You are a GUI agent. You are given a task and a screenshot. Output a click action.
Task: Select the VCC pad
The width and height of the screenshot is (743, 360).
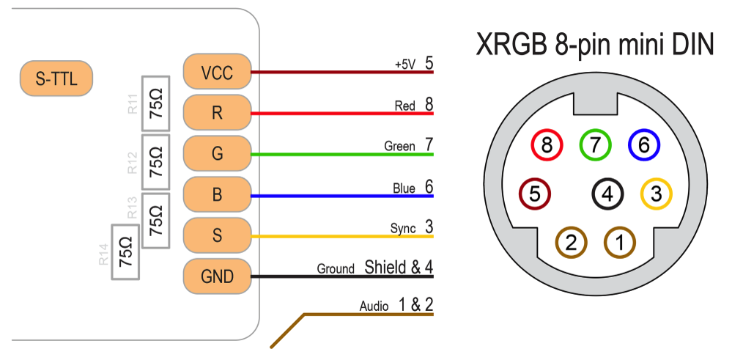(217, 73)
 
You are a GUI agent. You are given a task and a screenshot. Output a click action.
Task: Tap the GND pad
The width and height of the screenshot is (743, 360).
(217, 276)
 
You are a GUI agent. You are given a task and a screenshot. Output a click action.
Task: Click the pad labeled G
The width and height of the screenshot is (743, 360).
(217, 154)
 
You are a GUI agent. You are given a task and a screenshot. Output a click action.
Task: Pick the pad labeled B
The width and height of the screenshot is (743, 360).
(217, 195)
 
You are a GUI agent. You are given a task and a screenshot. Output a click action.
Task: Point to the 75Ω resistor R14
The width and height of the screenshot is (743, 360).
(126, 252)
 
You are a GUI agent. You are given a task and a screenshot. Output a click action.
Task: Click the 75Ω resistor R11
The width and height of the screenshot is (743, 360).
(155, 104)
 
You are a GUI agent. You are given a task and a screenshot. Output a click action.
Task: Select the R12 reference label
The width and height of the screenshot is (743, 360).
(133, 162)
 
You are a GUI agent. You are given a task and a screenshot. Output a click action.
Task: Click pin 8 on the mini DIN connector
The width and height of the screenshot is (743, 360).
(547, 145)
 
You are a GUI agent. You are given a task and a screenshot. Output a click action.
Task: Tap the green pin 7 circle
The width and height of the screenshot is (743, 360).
(595, 145)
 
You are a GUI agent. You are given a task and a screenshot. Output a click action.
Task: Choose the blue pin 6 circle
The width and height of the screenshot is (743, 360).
(644, 145)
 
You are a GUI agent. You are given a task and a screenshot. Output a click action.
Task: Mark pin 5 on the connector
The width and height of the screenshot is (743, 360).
(534, 194)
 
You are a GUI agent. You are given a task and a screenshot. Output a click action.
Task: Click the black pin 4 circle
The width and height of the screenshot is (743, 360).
(607, 194)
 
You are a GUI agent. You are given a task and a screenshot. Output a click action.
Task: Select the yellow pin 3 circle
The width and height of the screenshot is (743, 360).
(656, 194)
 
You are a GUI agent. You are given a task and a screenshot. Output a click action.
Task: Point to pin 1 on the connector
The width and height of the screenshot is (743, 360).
(620, 242)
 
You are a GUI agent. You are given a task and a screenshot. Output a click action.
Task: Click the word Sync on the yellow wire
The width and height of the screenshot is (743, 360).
(403, 229)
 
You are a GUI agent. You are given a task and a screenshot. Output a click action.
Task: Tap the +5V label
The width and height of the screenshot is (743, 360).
(405, 65)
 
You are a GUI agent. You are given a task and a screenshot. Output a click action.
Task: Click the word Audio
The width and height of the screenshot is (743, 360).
(374, 306)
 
